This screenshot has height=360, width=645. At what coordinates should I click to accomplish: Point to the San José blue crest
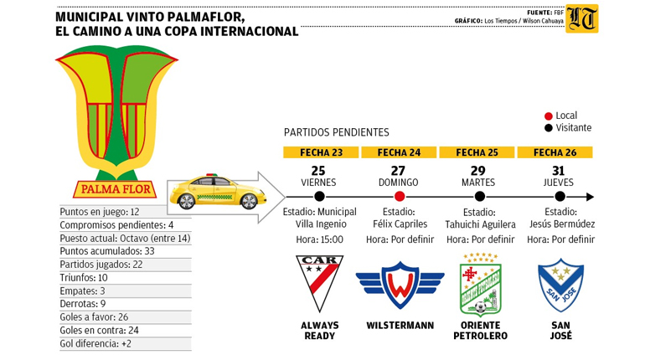[561, 284]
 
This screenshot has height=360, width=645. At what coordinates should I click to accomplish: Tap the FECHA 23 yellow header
[318, 152]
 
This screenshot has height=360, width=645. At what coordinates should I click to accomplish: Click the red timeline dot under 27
[400, 197]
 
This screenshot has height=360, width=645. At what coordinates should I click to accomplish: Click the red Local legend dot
[548, 116]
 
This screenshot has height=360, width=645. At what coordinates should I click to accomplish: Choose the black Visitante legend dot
[548, 128]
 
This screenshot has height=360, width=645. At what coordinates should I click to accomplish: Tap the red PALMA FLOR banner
[110, 188]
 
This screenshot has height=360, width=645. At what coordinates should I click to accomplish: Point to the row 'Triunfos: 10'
[85, 277]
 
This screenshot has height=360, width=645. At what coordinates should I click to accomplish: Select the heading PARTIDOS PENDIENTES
[336, 132]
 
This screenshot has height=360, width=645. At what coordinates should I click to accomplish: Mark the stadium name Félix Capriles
[400, 224]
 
